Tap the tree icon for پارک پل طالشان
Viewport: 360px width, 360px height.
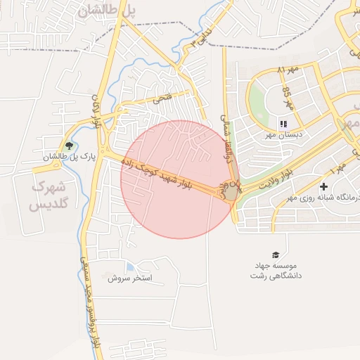67,145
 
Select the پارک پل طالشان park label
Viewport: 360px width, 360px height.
68,156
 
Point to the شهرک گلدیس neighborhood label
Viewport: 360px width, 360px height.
48,197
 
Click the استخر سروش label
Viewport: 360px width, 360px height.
129,278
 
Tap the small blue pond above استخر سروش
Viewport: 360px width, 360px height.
129,266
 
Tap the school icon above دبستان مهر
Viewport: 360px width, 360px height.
285,121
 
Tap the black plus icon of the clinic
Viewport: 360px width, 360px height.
323,186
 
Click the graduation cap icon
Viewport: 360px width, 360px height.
275,255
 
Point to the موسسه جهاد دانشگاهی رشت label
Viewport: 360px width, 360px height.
276,271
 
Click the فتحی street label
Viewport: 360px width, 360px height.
161,101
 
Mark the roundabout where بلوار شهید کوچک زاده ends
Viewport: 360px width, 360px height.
231,191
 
